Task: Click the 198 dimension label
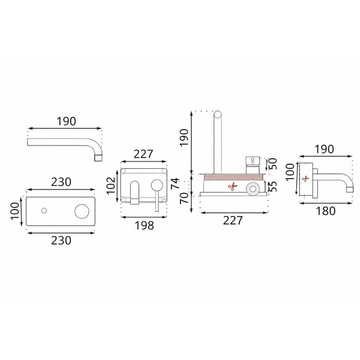pos(144,225)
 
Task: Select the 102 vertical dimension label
pos(111,186)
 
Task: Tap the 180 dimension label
pos(326,211)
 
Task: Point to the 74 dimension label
pos(175,183)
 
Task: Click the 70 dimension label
pos(184,198)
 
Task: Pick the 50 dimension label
pos(273,164)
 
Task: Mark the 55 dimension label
pos(273,186)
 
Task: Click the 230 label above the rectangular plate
pos(61,182)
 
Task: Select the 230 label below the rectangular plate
pos(61,241)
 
